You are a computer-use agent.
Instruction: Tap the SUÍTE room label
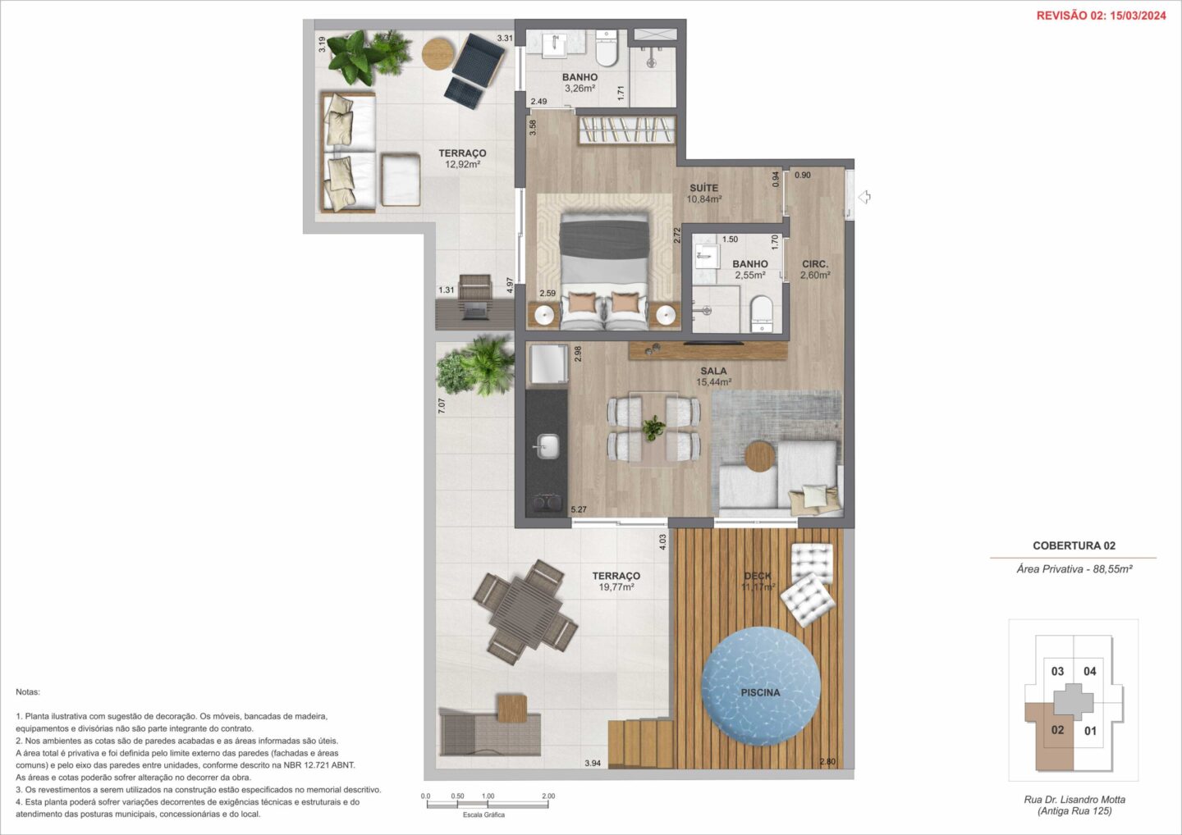pos(704,188)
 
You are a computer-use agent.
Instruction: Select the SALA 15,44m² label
pos(713,376)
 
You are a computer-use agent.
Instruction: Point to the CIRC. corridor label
pos(815,264)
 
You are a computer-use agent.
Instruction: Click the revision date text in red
pos(1102,16)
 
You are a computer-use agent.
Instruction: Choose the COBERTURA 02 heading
pos(1074,545)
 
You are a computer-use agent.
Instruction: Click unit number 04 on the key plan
pos(1090,671)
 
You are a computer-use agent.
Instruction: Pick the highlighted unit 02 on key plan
pos(1057,730)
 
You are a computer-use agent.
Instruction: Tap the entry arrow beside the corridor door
pos(864,197)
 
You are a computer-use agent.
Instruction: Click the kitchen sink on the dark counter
pos(547,446)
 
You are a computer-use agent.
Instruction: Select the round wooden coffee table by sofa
pos(760,457)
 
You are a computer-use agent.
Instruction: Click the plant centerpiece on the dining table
pos(653,427)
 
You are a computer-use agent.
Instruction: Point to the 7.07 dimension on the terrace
pos(442,405)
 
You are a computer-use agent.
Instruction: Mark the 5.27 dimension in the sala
pos(579,509)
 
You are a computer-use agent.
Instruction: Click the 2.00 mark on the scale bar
pos(548,796)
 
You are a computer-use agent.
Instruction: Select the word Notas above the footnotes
pos(27,692)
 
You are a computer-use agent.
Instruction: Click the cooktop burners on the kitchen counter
pos(546,502)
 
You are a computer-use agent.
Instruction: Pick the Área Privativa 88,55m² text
pos(1074,569)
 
